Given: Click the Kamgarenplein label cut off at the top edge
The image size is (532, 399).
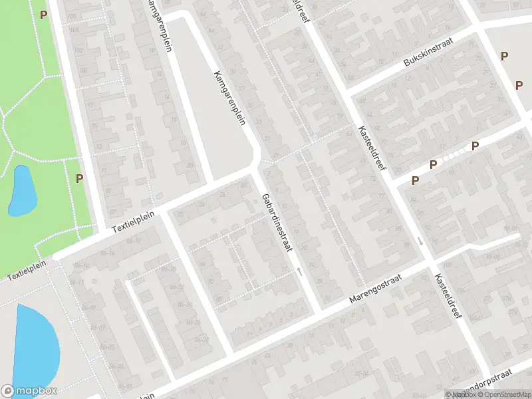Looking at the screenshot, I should point(159,23).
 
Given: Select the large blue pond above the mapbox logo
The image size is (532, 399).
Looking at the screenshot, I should point(35,346).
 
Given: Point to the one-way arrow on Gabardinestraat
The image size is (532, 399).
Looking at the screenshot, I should point(299,271).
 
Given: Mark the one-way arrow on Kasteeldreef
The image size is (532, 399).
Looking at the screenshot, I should point(420,240).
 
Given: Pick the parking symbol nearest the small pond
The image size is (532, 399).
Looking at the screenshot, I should point(79,178).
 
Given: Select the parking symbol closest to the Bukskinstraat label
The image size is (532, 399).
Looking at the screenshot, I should point(504,57).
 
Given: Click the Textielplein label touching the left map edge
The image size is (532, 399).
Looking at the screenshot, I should point(24,274).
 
